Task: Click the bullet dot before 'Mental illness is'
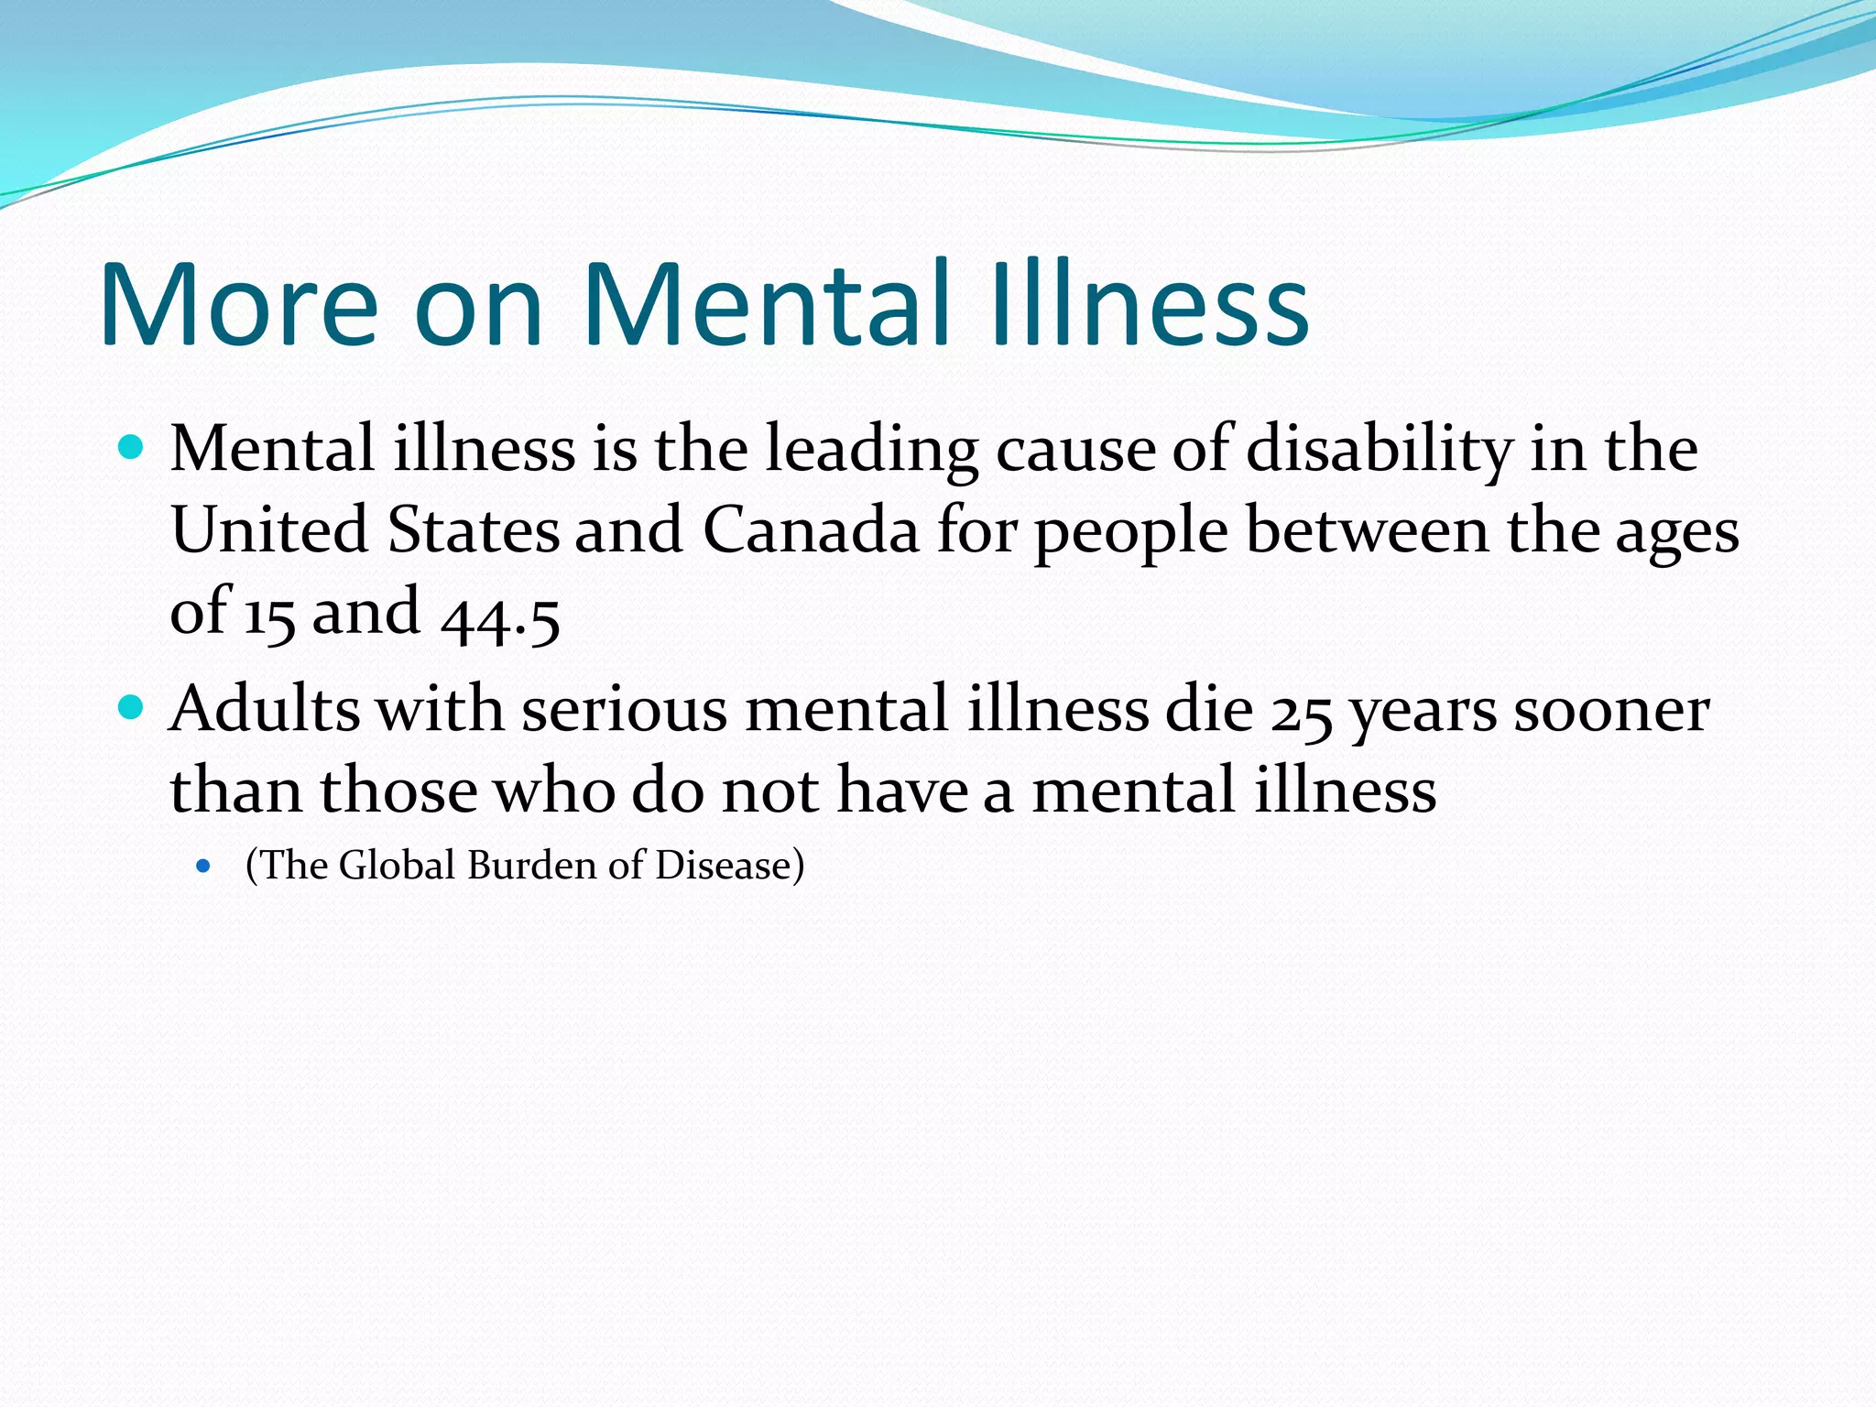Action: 132,449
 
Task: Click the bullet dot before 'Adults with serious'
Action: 132,708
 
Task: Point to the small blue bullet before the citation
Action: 203,866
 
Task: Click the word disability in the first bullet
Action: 1380,451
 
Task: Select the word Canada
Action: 811,530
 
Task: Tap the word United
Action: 270,530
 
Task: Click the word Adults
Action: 265,710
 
